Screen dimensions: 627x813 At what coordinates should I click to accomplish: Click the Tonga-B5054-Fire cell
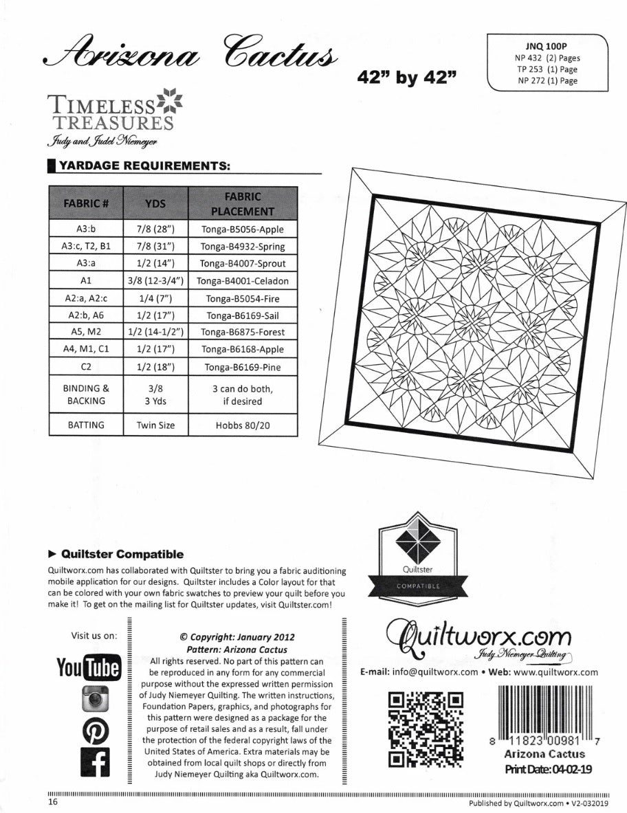pos(243,298)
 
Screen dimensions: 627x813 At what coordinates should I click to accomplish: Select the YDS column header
pos(155,203)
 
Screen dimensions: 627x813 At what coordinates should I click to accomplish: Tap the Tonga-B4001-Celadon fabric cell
pos(243,281)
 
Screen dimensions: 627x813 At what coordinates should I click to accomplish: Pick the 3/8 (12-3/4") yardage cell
pos(155,281)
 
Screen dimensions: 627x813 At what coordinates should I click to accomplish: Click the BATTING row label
pos(86,425)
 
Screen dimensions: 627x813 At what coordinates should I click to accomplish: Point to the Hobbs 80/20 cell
pos(243,425)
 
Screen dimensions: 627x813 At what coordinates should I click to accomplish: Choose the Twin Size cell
pos(155,425)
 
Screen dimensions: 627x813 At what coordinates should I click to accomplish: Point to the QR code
pos(425,727)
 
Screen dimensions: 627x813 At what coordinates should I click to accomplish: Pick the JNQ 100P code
pos(549,47)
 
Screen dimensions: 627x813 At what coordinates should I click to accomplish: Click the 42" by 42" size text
pos(408,78)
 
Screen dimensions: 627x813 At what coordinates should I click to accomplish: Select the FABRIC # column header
pos(86,203)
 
